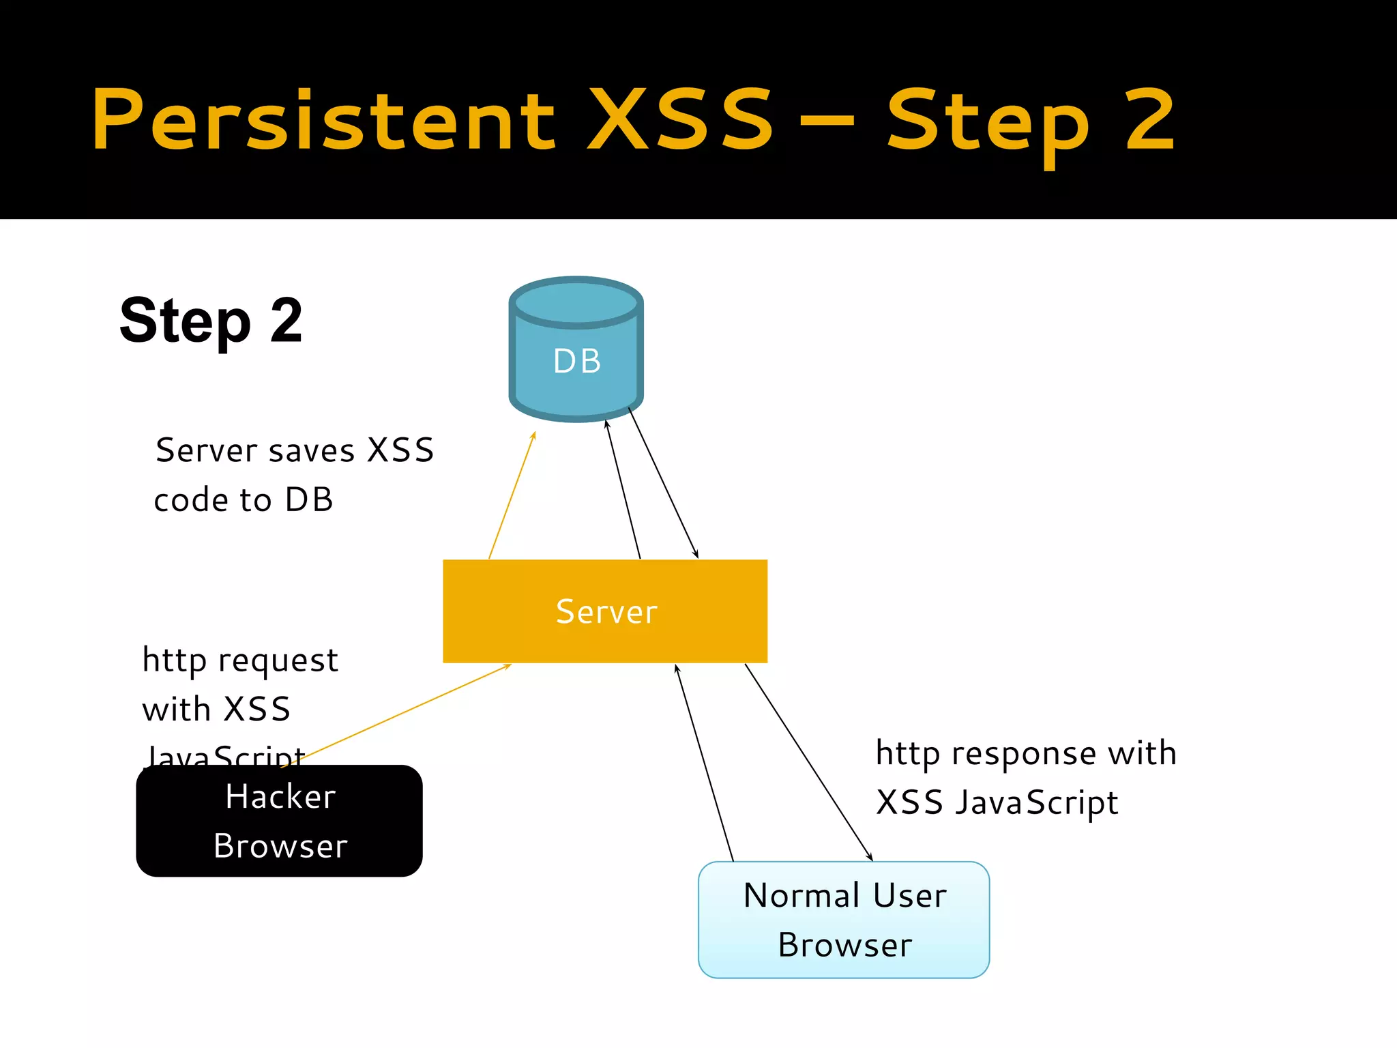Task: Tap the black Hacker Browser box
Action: point(279,820)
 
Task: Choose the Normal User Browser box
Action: point(844,919)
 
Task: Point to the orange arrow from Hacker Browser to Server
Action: point(396,715)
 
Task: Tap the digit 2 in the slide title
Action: point(1150,121)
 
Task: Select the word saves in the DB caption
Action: point(312,451)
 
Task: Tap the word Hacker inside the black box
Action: point(280,796)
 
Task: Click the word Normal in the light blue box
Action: point(802,895)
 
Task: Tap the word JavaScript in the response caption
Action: point(1036,803)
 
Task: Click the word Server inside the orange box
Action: point(606,611)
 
